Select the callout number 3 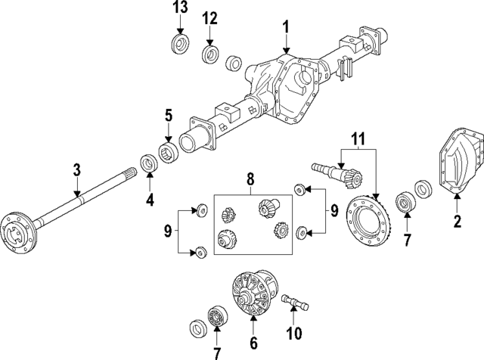[76, 172]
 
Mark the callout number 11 [355, 139]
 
